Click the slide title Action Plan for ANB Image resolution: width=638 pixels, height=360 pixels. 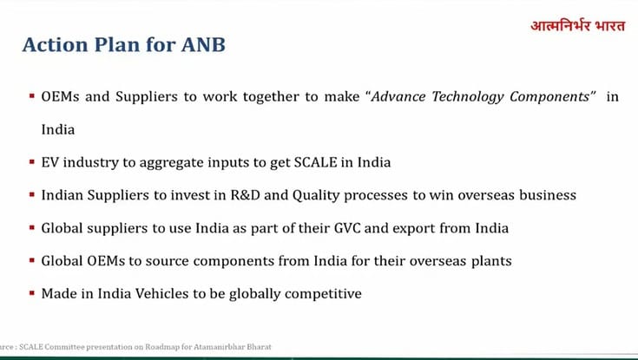(x=123, y=44)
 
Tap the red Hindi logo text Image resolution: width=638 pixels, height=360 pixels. (x=577, y=24)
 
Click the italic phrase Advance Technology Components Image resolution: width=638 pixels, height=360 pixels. (x=485, y=97)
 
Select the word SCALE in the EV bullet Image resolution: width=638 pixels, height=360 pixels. (x=315, y=162)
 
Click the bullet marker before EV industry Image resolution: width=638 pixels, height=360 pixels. (x=31, y=162)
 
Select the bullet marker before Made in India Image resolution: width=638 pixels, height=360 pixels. (x=31, y=293)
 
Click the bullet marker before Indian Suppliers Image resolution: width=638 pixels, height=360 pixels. (x=31, y=195)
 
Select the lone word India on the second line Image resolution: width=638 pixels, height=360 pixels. (x=58, y=130)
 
